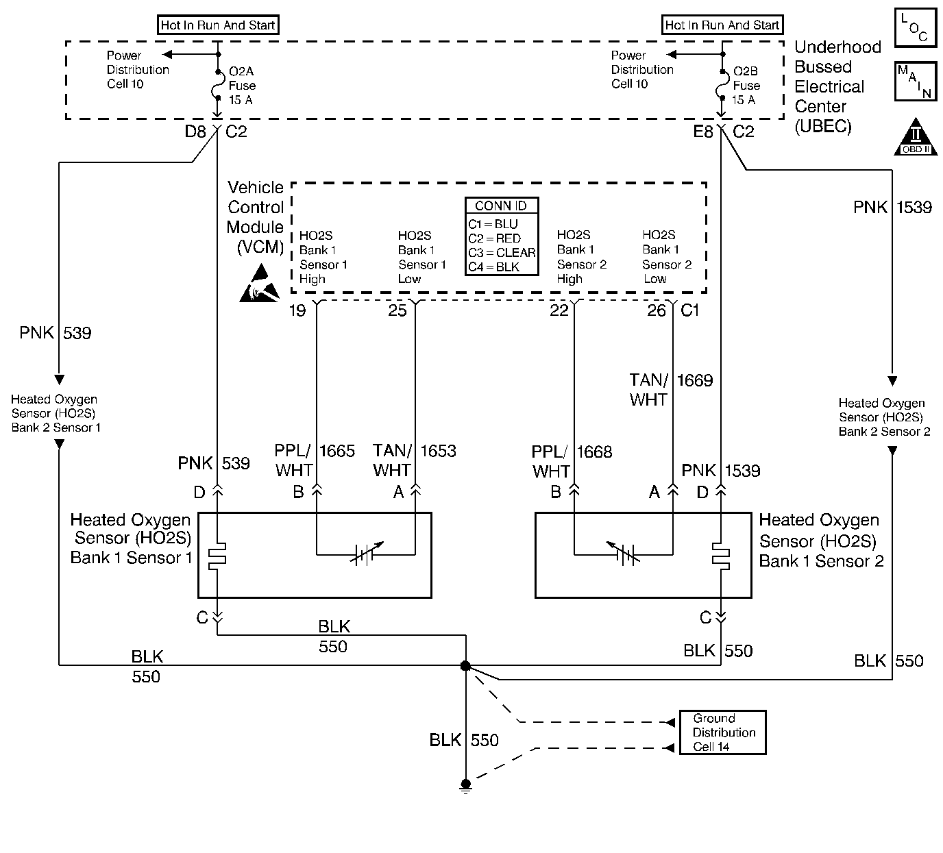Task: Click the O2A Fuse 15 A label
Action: point(242,86)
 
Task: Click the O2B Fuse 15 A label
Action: point(746,86)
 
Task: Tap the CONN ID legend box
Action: point(501,236)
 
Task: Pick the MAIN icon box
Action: point(916,82)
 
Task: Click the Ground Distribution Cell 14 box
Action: point(722,732)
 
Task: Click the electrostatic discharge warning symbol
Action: point(259,283)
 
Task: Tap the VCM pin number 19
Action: point(297,311)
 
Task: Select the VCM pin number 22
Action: point(559,311)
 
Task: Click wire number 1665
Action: point(337,451)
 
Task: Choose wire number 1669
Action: point(695,380)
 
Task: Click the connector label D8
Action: point(195,132)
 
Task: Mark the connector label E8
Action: point(703,132)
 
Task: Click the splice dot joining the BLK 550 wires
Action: point(465,665)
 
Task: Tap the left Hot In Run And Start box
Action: point(218,25)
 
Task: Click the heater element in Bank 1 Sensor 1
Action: point(217,556)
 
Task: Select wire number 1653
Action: point(438,451)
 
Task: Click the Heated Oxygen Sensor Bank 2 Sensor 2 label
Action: point(884,417)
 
